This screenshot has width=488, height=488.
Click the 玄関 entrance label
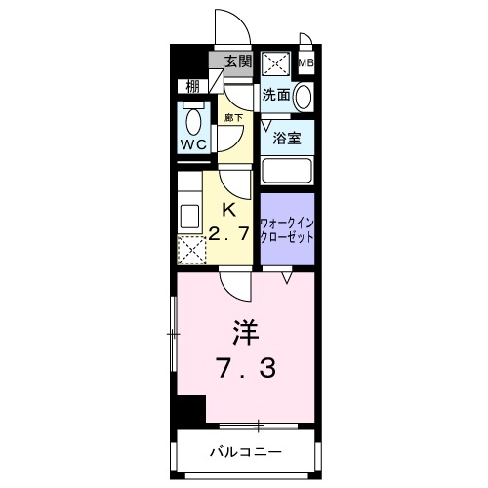pos(238,61)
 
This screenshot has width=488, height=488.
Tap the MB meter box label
pos(305,64)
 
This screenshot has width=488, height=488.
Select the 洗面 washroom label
pos(275,95)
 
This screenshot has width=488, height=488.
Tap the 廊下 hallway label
pos(234,117)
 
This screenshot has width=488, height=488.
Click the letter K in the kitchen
pos(230,207)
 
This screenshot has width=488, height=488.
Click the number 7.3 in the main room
pos(245,368)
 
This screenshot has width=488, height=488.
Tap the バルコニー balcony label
pos(246,452)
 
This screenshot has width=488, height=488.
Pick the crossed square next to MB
pos(275,65)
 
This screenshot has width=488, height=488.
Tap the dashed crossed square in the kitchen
pos(192,251)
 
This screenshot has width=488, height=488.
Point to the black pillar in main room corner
pos(191,409)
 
